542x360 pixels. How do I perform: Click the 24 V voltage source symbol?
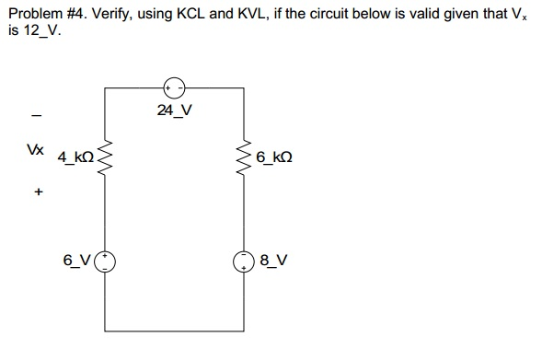tap(175, 87)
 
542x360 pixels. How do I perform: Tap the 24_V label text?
tap(174, 111)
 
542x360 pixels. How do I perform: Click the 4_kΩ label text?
tap(76, 157)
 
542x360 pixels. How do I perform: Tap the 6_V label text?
tap(77, 261)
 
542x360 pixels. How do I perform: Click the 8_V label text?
tap(274, 261)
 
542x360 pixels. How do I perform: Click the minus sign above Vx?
tap(36, 116)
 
